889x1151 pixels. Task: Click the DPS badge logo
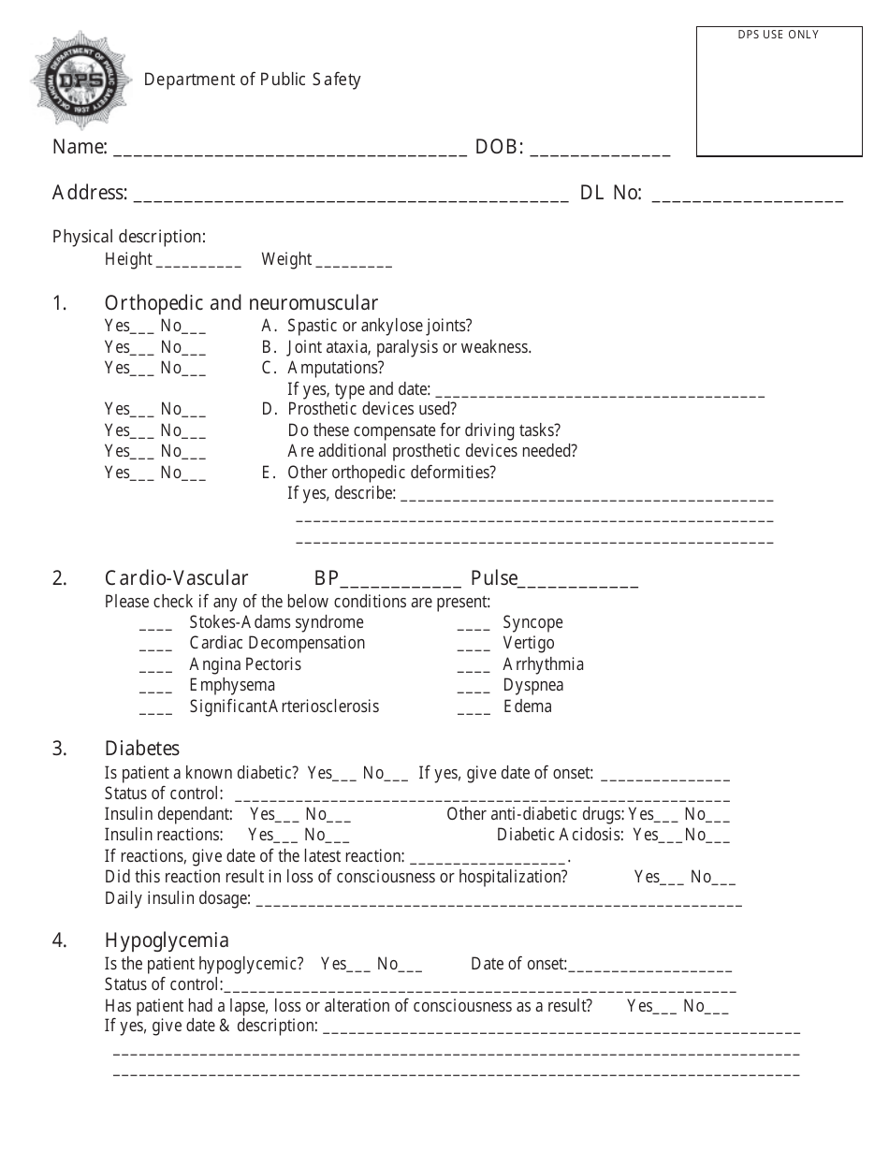click(81, 80)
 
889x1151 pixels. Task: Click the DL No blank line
click(747, 198)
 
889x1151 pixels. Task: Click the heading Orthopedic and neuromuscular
click(240, 303)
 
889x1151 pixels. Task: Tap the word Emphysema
click(232, 685)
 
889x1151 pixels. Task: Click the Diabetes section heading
click(141, 749)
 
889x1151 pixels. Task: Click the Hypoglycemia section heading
click(167, 940)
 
